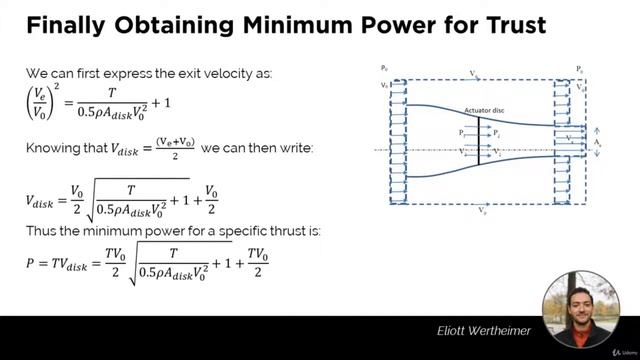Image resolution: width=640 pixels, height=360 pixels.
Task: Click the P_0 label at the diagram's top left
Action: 384,68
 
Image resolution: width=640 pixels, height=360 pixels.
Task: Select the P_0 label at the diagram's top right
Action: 579,68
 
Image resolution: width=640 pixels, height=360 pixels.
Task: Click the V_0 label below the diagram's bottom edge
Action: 483,211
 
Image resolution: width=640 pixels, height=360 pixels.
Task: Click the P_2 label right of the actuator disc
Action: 497,132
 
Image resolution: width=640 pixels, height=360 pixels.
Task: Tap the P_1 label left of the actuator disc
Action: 461,132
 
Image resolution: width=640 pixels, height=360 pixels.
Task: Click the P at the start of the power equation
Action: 30,263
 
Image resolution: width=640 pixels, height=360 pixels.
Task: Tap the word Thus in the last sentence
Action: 39,232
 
